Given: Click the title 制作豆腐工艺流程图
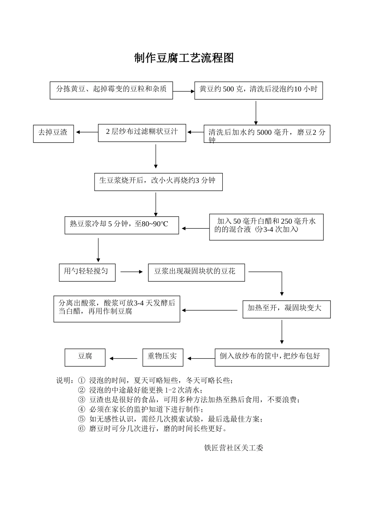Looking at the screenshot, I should [184, 58].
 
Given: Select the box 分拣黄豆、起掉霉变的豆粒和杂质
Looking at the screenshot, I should [111, 90].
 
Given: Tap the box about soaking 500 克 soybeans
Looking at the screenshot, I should [258, 90].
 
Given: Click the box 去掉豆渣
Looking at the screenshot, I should [53, 133].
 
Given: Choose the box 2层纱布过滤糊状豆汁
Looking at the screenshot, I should [142, 133].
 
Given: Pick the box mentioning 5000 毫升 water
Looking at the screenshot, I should [267, 134].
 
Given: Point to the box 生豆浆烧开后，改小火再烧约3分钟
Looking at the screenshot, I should [158, 181].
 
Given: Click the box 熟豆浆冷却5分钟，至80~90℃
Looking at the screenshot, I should [122, 224].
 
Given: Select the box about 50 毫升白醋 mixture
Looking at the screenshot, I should [266, 227].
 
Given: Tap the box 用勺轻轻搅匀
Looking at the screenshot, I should [87, 272].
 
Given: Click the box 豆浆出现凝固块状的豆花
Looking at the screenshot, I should [196, 272].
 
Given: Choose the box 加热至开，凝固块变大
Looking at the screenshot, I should [286, 309].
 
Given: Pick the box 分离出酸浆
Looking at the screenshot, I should [117, 308].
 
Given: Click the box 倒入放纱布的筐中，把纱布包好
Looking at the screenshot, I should [272, 357].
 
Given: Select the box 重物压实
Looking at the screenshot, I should [163, 357].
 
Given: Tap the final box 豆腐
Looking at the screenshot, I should [85, 357].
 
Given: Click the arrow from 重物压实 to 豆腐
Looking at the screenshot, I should [124, 358].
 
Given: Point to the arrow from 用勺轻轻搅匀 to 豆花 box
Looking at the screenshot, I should [132, 272].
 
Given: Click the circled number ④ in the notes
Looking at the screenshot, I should [81, 409].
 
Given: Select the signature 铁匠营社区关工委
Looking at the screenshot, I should [234, 448].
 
